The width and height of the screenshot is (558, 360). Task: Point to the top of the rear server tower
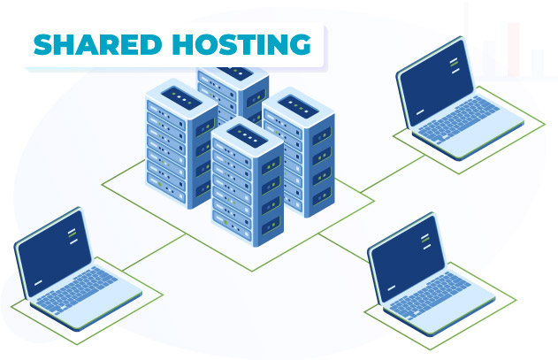pos(232,69)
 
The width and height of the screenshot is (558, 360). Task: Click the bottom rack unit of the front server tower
pos(248,234)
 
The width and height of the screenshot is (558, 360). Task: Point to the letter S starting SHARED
pos(43,43)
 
